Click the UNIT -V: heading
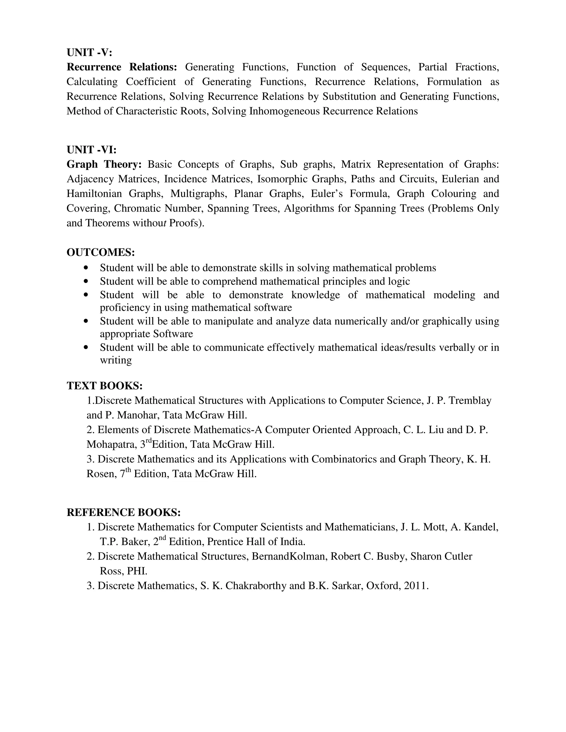pos(89,52)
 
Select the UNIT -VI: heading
pos(91,149)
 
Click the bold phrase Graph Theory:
pos(104,164)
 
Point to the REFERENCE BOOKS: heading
pos(123,512)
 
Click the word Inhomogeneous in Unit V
pos(284,111)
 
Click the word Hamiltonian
pos(93,194)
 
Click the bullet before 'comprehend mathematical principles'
pos(87,281)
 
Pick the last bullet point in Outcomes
pos(87,347)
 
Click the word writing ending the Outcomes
pos(116,360)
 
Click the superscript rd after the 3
pos(149,441)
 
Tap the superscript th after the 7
pos(129,470)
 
